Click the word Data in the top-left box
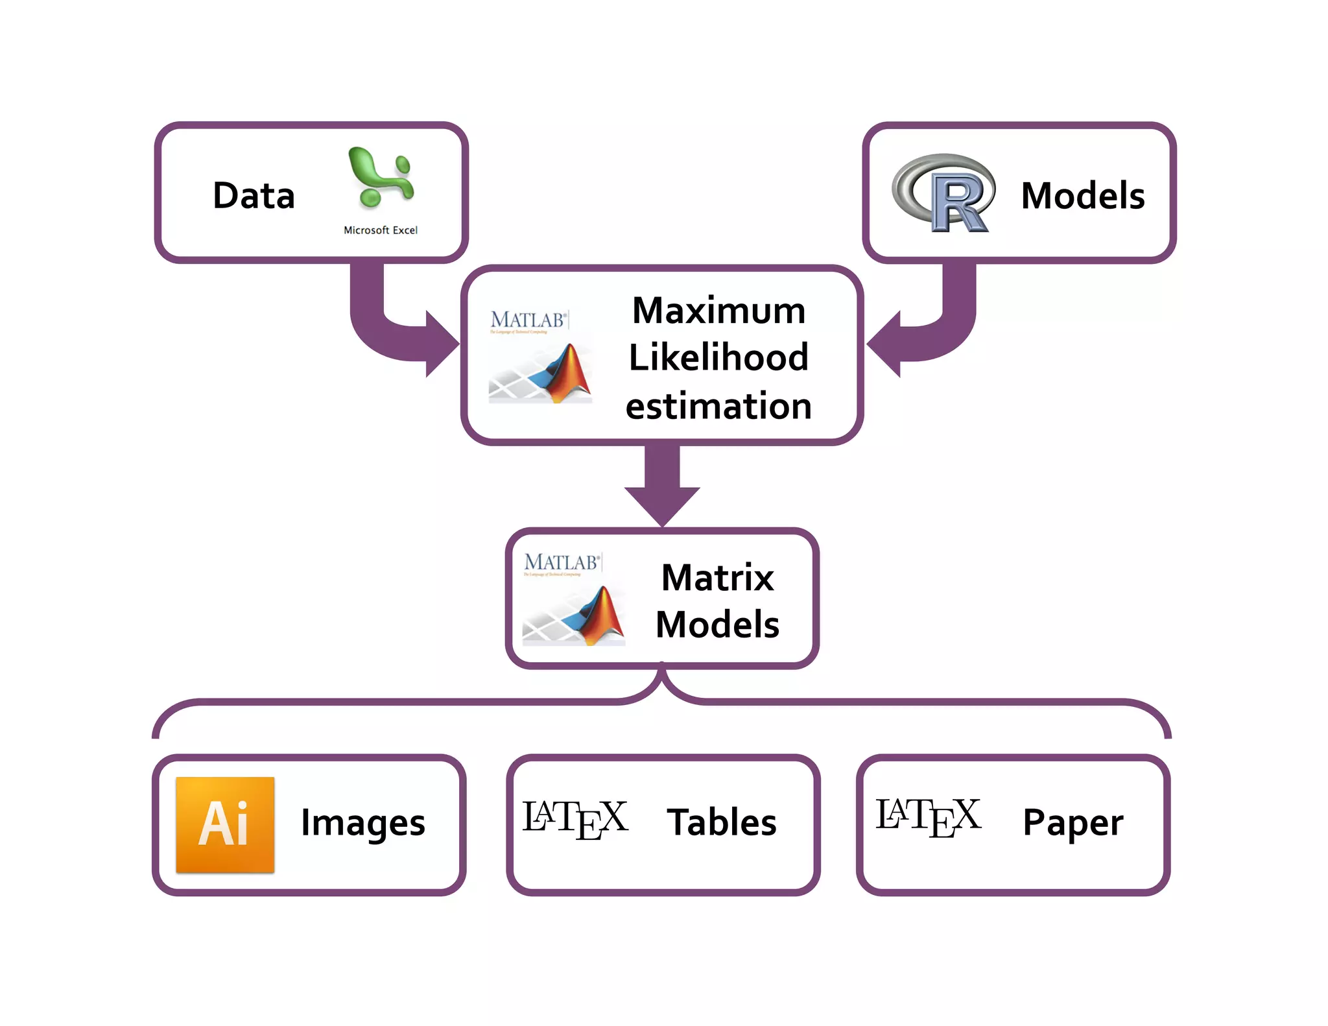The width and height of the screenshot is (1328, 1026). coord(254,195)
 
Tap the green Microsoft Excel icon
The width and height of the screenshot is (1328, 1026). coord(381,178)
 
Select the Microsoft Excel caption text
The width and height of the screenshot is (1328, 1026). coord(381,230)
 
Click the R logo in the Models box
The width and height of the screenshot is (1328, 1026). coord(944,193)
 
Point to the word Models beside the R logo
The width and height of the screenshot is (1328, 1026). coord(1082,195)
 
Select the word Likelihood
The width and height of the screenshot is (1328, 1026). coord(718,357)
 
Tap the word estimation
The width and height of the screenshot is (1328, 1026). coord(718,406)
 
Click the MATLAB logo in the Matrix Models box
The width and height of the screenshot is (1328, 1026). coord(574,599)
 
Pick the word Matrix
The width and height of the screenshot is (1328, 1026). coord(717,577)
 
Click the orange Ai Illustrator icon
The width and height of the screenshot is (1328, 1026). coord(225,824)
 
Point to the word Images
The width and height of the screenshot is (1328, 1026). coord(363,823)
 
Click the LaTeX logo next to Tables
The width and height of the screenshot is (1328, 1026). coord(575,819)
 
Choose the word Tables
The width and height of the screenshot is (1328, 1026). coord(721,822)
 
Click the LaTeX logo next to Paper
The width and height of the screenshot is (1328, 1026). coord(928,817)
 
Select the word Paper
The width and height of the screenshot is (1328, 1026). coord(1073,823)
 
